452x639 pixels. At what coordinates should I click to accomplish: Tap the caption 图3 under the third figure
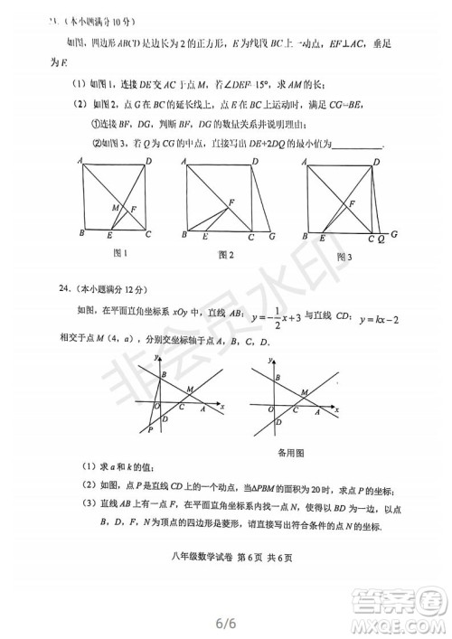click(345, 257)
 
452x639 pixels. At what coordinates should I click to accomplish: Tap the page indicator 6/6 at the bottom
click(226, 622)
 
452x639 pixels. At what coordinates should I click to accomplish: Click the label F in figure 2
click(231, 202)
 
